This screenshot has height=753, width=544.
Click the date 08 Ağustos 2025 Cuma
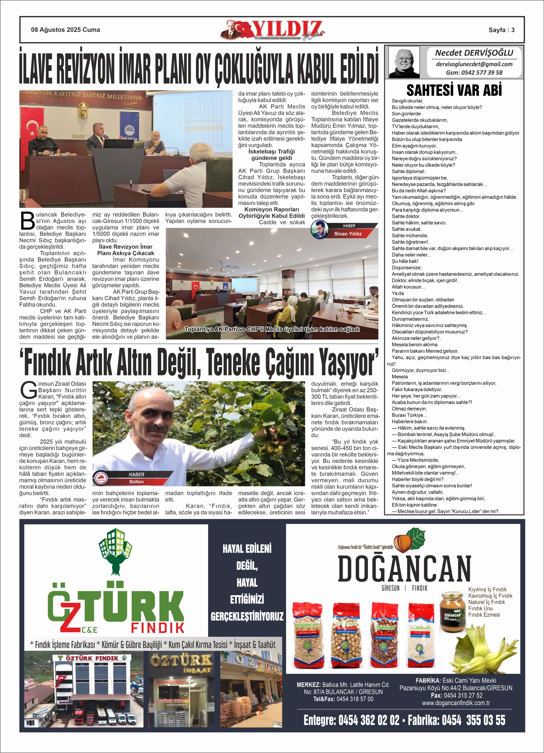pyautogui.click(x=66, y=30)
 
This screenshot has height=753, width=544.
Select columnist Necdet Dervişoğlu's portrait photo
pyautogui.click(x=404, y=62)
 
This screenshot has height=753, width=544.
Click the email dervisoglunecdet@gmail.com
pyautogui.click(x=474, y=64)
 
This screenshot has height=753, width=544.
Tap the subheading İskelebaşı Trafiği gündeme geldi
pyautogui.click(x=271, y=155)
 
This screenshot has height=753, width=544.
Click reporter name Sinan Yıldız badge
pyautogui.click(x=348, y=234)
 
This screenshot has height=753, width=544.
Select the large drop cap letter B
pyautogui.click(x=27, y=221)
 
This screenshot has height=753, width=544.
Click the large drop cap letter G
pyautogui.click(x=29, y=391)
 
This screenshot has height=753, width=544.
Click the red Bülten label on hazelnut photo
pyautogui.click(x=137, y=482)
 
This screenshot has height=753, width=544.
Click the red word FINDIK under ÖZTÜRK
pyautogui.click(x=157, y=628)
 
